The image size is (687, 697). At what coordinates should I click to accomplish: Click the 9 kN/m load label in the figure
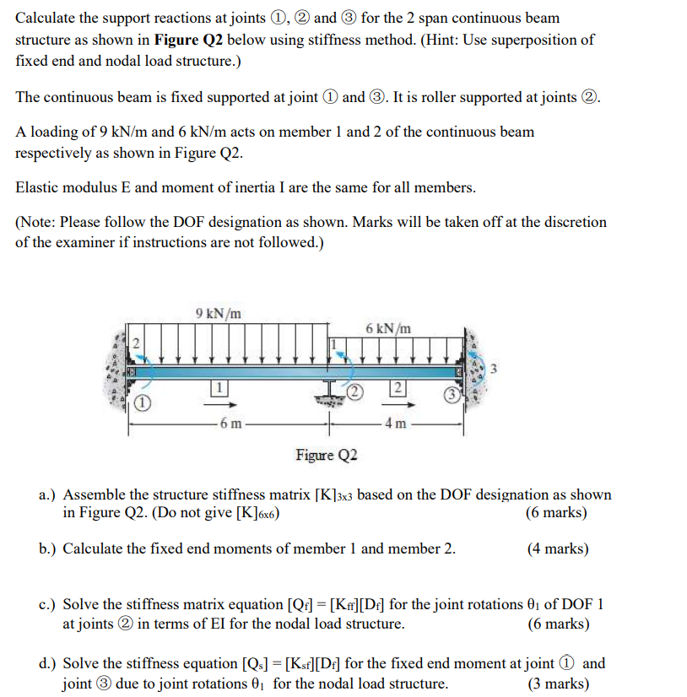(218, 314)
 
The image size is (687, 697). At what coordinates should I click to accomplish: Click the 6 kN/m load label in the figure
(388, 328)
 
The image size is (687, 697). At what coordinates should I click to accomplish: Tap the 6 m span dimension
(229, 423)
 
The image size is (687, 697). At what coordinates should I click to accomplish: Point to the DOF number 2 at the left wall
(133, 342)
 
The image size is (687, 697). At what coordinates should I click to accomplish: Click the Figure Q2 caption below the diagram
(327, 456)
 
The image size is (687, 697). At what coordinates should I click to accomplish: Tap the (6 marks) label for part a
(556, 513)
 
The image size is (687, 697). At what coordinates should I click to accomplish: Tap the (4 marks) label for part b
(558, 548)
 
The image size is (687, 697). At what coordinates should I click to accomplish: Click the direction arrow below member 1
(217, 404)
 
